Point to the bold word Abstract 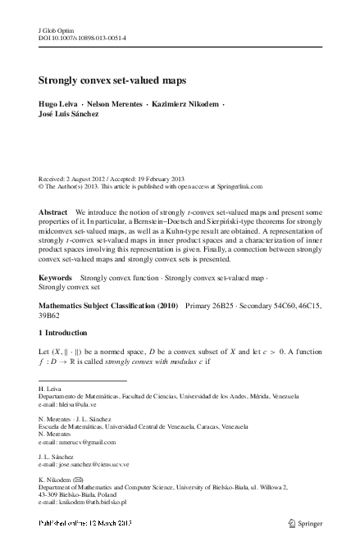pyautogui.click(x=53, y=212)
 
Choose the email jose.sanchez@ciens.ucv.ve pyautogui.click(x=95, y=464)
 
